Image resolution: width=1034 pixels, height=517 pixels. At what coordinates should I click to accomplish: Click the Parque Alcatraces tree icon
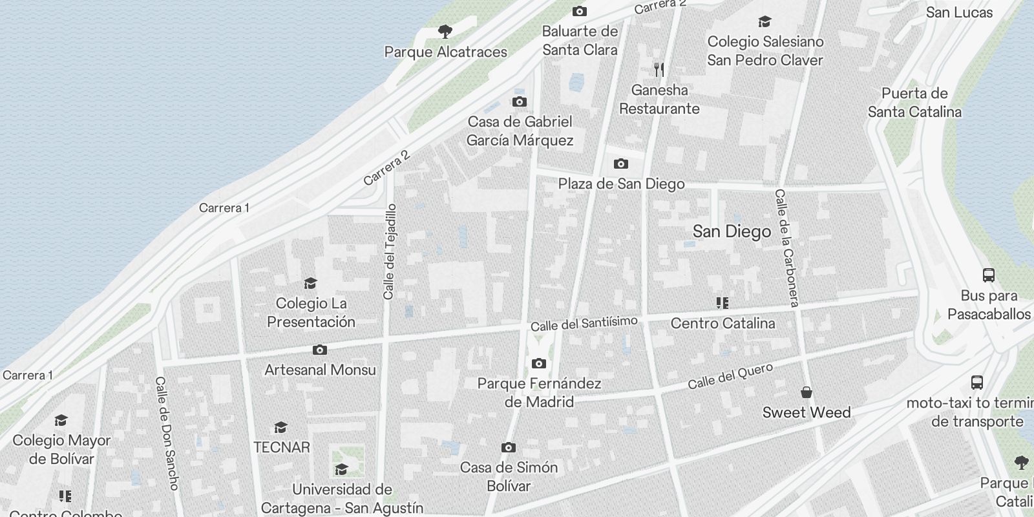[x=445, y=32]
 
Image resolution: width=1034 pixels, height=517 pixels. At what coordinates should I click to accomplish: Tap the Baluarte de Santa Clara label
[x=580, y=41]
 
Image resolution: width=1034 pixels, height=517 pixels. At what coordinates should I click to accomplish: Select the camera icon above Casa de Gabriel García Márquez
[x=519, y=102]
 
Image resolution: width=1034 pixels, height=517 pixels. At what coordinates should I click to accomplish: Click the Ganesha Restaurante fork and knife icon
[x=659, y=70]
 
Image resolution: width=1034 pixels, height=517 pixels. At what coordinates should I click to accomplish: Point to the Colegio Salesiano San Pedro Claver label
[x=765, y=51]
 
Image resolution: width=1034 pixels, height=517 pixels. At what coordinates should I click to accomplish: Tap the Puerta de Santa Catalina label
[x=914, y=103]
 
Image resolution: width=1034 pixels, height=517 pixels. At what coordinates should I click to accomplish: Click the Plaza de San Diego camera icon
[x=620, y=164]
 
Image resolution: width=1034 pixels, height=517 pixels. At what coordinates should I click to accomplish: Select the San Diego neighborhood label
[x=732, y=231]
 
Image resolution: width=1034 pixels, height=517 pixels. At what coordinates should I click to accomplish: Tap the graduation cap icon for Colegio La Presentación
[x=311, y=283]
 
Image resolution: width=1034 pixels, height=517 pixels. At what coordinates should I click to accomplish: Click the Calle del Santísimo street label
[x=584, y=324]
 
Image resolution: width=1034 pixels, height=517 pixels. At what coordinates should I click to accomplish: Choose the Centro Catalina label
[x=723, y=323]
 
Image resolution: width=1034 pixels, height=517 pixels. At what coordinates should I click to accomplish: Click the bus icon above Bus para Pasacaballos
[x=988, y=275]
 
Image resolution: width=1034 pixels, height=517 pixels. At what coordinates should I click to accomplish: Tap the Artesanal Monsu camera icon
[x=319, y=350]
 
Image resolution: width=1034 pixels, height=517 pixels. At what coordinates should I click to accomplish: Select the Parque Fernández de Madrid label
[x=539, y=392]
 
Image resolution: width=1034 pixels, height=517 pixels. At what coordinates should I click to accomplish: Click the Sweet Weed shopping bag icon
[x=807, y=392]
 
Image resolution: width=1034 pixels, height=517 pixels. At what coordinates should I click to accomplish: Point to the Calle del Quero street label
[x=730, y=376]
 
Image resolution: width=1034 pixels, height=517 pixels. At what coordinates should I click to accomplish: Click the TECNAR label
[x=282, y=447]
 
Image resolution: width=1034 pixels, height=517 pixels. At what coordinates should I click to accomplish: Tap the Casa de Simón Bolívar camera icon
[x=509, y=448]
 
